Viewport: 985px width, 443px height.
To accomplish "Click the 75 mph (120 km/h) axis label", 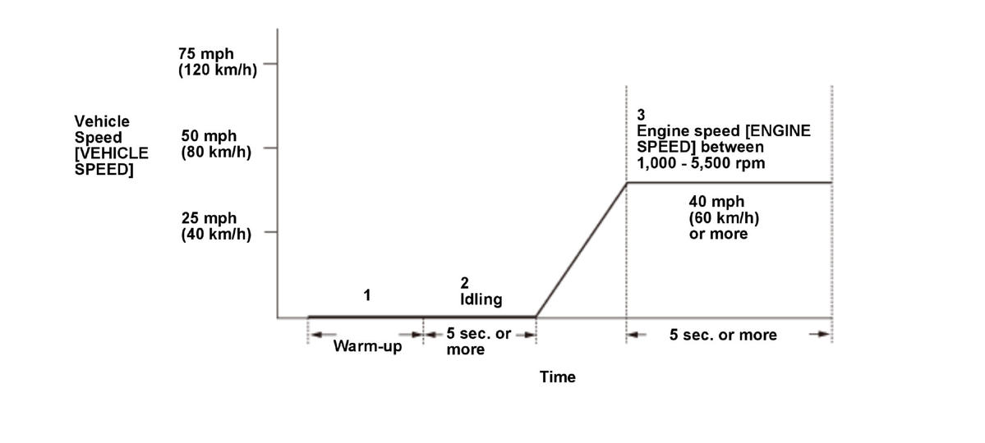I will (x=217, y=62).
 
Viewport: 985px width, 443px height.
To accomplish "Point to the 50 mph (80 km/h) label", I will (x=216, y=143).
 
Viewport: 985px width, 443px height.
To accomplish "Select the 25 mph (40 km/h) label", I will (x=216, y=225).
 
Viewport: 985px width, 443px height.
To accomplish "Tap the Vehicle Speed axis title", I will (x=111, y=146).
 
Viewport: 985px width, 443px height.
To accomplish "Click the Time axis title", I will (x=557, y=377).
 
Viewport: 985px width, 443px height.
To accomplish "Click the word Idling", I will (x=481, y=299).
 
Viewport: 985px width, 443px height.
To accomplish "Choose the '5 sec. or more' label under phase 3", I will (x=723, y=335).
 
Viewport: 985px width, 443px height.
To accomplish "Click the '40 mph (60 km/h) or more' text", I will (x=718, y=217).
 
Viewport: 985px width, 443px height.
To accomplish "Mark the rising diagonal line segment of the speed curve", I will (x=581, y=249).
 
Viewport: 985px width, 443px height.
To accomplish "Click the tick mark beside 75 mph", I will (x=269, y=63).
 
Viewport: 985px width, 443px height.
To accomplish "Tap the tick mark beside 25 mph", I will (x=269, y=232).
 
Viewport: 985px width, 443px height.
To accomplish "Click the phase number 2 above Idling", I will (x=464, y=283).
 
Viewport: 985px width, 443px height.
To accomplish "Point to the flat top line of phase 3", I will (x=730, y=182).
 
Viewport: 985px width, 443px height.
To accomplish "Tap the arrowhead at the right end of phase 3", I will (x=822, y=335).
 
